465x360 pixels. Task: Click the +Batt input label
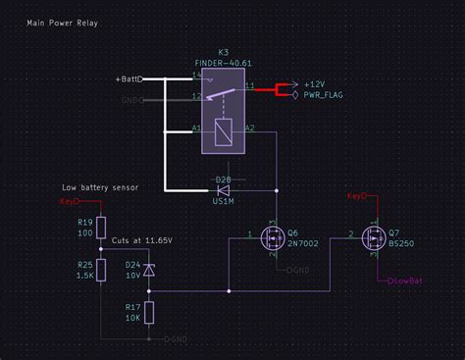point(128,77)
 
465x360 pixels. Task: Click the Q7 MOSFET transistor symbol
point(373,237)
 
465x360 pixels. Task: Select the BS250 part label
point(402,243)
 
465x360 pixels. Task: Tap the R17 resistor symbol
point(149,313)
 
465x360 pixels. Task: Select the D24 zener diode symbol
point(149,269)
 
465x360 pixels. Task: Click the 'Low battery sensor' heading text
point(99,186)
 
